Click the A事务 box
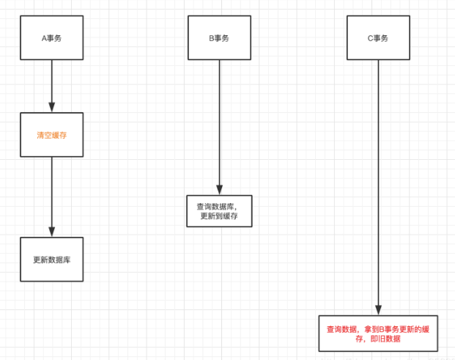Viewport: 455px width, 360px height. point(51,37)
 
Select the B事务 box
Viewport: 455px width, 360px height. point(220,37)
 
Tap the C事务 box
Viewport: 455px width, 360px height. point(378,37)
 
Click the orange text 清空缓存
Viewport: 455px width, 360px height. point(51,135)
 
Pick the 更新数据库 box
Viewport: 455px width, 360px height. point(51,260)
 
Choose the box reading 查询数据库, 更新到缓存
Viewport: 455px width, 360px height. point(219,211)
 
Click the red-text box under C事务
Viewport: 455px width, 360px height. point(378,334)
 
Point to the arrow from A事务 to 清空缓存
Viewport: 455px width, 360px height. point(51,84)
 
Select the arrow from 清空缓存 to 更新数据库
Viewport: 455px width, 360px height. point(51,194)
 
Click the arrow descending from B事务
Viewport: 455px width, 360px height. point(220,125)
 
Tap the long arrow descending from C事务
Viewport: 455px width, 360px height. point(378,183)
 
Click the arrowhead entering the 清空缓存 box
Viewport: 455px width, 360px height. point(51,107)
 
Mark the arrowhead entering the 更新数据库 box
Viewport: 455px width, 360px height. point(51,232)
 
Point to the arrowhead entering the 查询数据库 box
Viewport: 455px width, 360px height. point(220,190)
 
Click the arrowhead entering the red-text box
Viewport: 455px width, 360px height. point(378,309)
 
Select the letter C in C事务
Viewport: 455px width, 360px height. point(370,37)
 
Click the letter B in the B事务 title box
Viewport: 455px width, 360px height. point(212,37)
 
